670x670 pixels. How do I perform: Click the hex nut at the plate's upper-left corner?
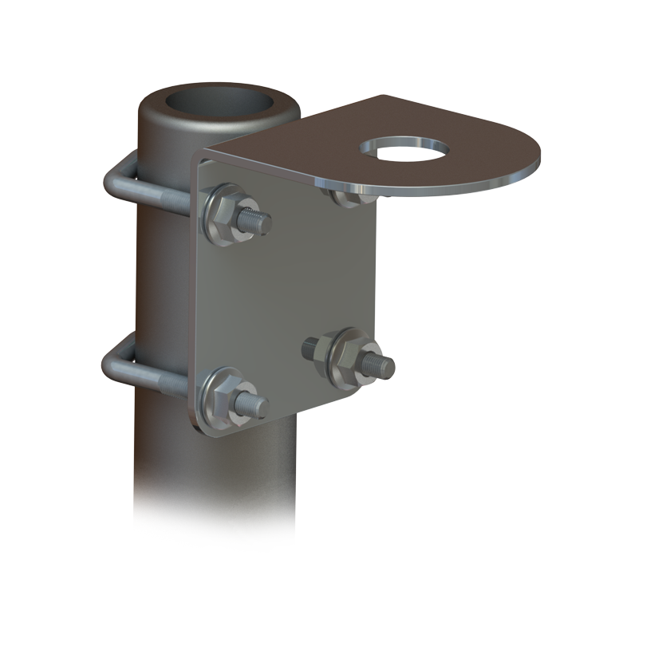pyautogui.click(x=225, y=215)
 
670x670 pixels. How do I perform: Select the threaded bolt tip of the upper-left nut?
pyautogui.click(x=257, y=221)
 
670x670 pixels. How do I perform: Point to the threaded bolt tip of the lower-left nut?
pyautogui.click(x=254, y=407)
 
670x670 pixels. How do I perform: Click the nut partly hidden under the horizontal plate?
pyautogui.click(x=347, y=196)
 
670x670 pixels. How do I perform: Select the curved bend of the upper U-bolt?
pyautogui.click(x=112, y=180)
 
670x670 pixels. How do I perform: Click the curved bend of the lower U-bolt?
pyautogui.click(x=110, y=365)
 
